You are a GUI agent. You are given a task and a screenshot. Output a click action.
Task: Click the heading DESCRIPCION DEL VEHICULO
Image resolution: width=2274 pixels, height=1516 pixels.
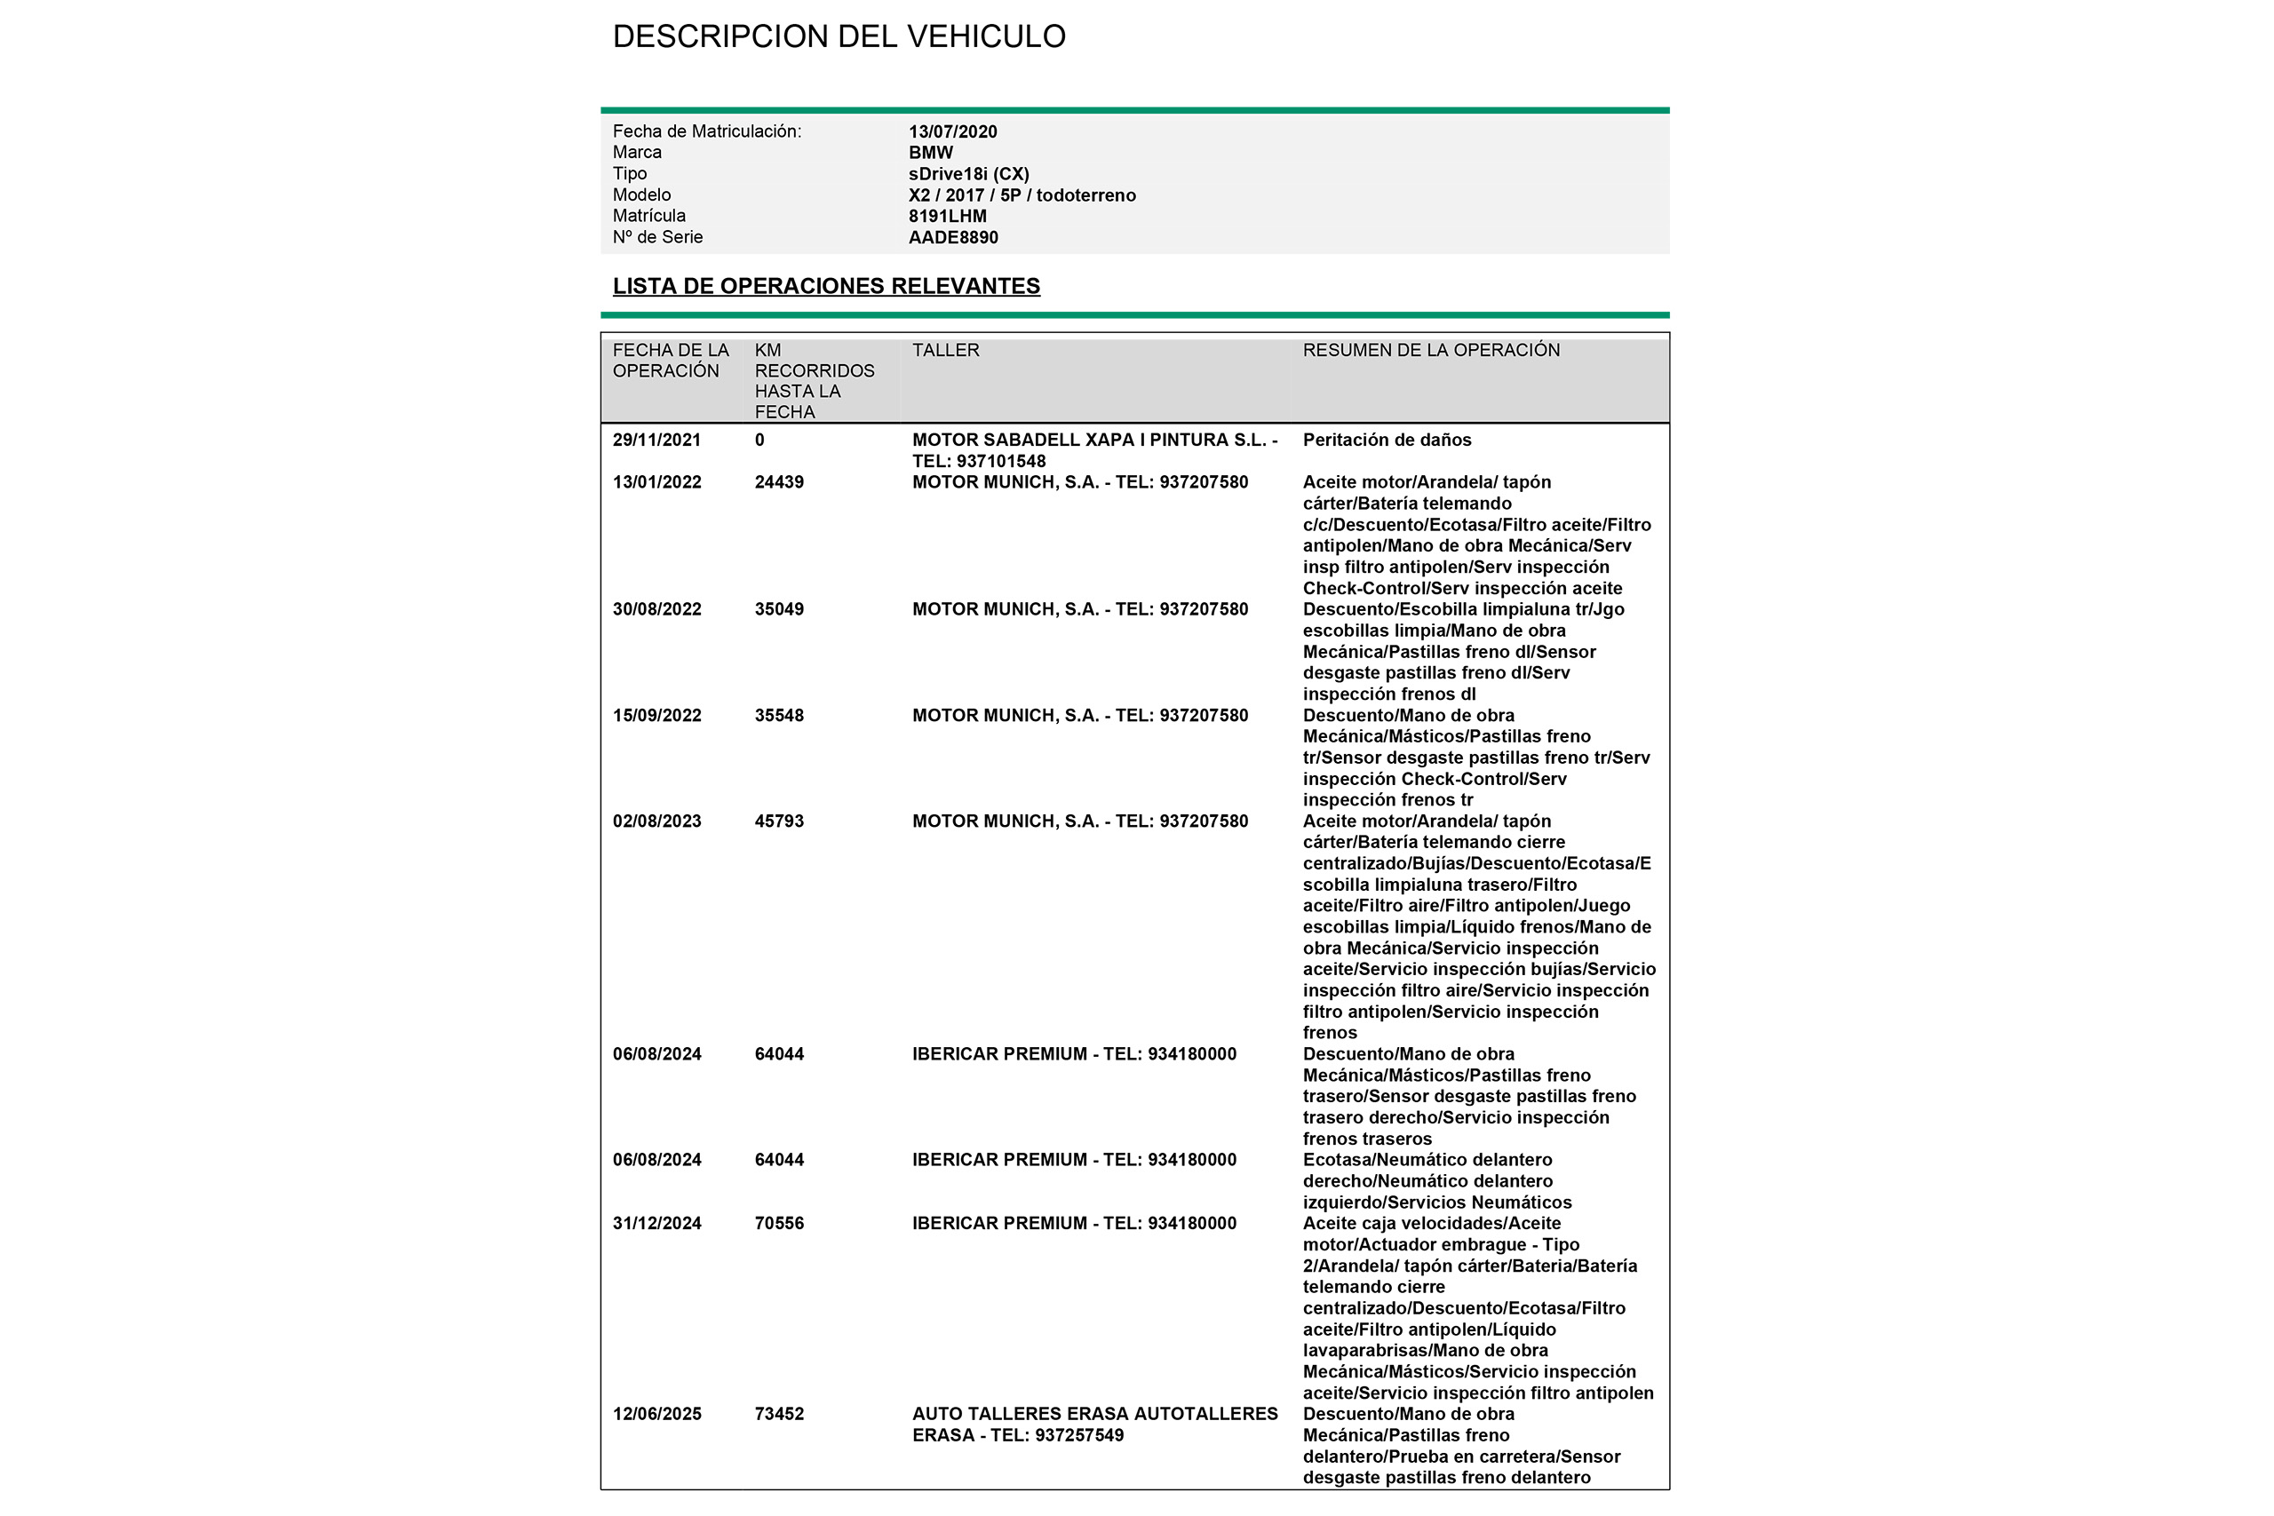pyautogui.click(x=839, y=36)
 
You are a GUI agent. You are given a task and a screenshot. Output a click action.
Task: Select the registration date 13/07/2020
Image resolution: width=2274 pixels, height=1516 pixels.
pyautogui.click(x=952, y=131)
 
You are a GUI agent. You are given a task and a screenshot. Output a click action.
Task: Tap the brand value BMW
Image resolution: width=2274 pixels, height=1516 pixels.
pyautogui.click(x=930, y=153)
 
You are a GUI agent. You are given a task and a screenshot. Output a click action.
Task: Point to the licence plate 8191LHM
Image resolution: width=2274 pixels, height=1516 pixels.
pyautogui.click(x=947, y=217)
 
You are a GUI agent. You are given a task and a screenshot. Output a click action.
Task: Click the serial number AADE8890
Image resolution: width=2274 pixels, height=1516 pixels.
pyautogui.click(x=952, y=238)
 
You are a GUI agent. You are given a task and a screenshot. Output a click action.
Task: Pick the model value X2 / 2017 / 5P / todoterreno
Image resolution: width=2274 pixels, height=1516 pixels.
pyautogui.click(x=1022, y=195)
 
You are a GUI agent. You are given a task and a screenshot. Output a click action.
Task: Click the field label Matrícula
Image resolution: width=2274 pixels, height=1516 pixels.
pyautogui.click(x=648, y=217)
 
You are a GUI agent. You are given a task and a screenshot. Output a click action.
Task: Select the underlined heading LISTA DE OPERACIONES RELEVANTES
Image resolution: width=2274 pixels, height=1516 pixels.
pyautogui.click(x=826, y=286)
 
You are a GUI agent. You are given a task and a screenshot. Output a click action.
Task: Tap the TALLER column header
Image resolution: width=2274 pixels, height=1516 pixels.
pyautogui.click(x=945, y=350)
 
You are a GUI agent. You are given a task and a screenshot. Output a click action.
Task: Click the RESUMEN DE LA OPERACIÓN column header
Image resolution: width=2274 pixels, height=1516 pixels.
pyautogui.click(x=1431, y=350)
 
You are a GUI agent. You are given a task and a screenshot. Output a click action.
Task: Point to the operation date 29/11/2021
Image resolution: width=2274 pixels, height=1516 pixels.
pyautogui.click(x=656, y=440)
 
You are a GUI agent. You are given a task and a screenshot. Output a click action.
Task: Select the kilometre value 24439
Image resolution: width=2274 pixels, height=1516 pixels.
pyautogui.click(x=778, y=482)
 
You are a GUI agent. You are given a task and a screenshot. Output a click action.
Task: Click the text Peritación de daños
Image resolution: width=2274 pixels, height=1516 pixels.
pyautogui.click(x=1387, y=440)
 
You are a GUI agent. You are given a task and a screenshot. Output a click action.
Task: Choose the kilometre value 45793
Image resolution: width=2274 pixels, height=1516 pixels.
pyautogui.click(x=778, y=821)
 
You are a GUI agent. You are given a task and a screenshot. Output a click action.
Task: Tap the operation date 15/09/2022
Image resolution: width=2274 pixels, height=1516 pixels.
pyautogui.click(x=656, y=716)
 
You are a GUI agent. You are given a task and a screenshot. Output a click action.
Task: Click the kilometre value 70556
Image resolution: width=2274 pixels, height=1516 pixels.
pyautogui.click(x=778, y=1224)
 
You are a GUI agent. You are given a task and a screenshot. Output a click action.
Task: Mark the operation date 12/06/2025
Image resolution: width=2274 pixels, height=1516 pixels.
pyautogui.click(x=656, y=1415)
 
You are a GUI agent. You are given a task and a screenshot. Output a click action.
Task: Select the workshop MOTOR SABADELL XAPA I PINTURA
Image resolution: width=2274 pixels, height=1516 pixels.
pyautogui.click(x=1093, y=440)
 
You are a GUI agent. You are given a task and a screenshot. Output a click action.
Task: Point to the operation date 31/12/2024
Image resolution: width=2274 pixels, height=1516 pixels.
pyautogui.click(x=656, y=1224)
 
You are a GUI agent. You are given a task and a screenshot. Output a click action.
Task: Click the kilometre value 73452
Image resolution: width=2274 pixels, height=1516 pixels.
pyautogui.click(x=778, y=1415)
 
